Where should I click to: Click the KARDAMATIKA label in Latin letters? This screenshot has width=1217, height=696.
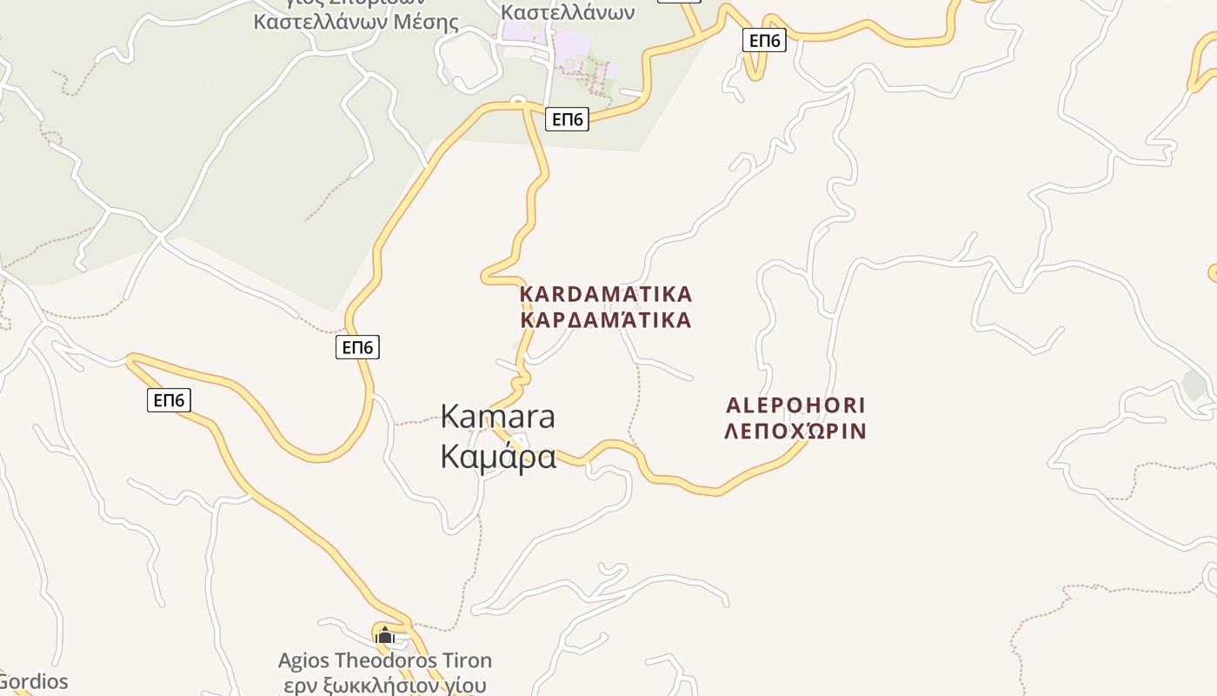pyautogui.click(x=606, y=294)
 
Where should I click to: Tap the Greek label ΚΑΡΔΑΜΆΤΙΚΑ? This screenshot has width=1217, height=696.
pyautogui.click(x=606, y=320)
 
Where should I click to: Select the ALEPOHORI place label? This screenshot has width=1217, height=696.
pyautogui.click(x=795, y=405)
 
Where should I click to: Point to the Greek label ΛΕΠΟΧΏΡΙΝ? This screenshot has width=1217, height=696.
pyautogui.click(x=795, y=431)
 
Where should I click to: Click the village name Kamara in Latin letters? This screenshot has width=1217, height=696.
pyautogui.click(x=497, y=417)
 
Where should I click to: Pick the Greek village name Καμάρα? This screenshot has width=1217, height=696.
pyautogui.click(x=498, y=456)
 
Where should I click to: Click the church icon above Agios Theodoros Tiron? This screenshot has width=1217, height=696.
pyautogui.click(x=385, y=635)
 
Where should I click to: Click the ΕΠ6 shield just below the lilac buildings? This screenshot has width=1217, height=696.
pyautogui.click(x=568, y=119)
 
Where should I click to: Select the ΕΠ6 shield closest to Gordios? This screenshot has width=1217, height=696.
pyautogui.click(x=169, y=400)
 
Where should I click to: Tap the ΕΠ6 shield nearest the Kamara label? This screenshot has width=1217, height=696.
pyautogui.click(x=357, y=348)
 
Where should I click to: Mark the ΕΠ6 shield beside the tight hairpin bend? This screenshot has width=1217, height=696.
pyautogui.click(x=765, y=40)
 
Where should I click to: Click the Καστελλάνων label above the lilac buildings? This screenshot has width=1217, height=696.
pyautogui.click(x=569, y=12)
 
